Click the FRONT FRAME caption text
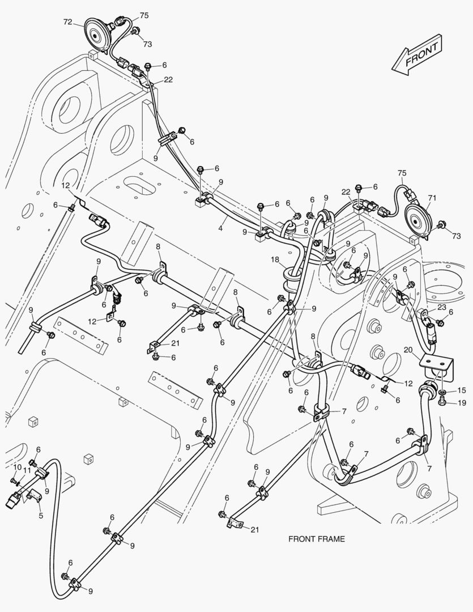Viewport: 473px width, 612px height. point(317,539)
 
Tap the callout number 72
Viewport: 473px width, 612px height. point(67,22)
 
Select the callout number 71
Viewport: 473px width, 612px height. point(432,198)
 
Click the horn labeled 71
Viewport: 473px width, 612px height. point(418,221)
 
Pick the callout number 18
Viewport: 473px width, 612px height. point(275,260)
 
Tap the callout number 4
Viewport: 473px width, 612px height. point(220,228)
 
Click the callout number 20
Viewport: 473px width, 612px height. point(408,350)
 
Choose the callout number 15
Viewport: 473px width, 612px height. point(462,390)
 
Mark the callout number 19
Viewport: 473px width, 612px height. point(462,403)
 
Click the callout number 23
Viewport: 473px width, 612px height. point(441,307)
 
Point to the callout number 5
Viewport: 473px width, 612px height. point(41,516)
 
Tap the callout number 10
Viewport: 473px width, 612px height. point(17,467)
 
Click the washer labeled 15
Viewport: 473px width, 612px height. point(443,392)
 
